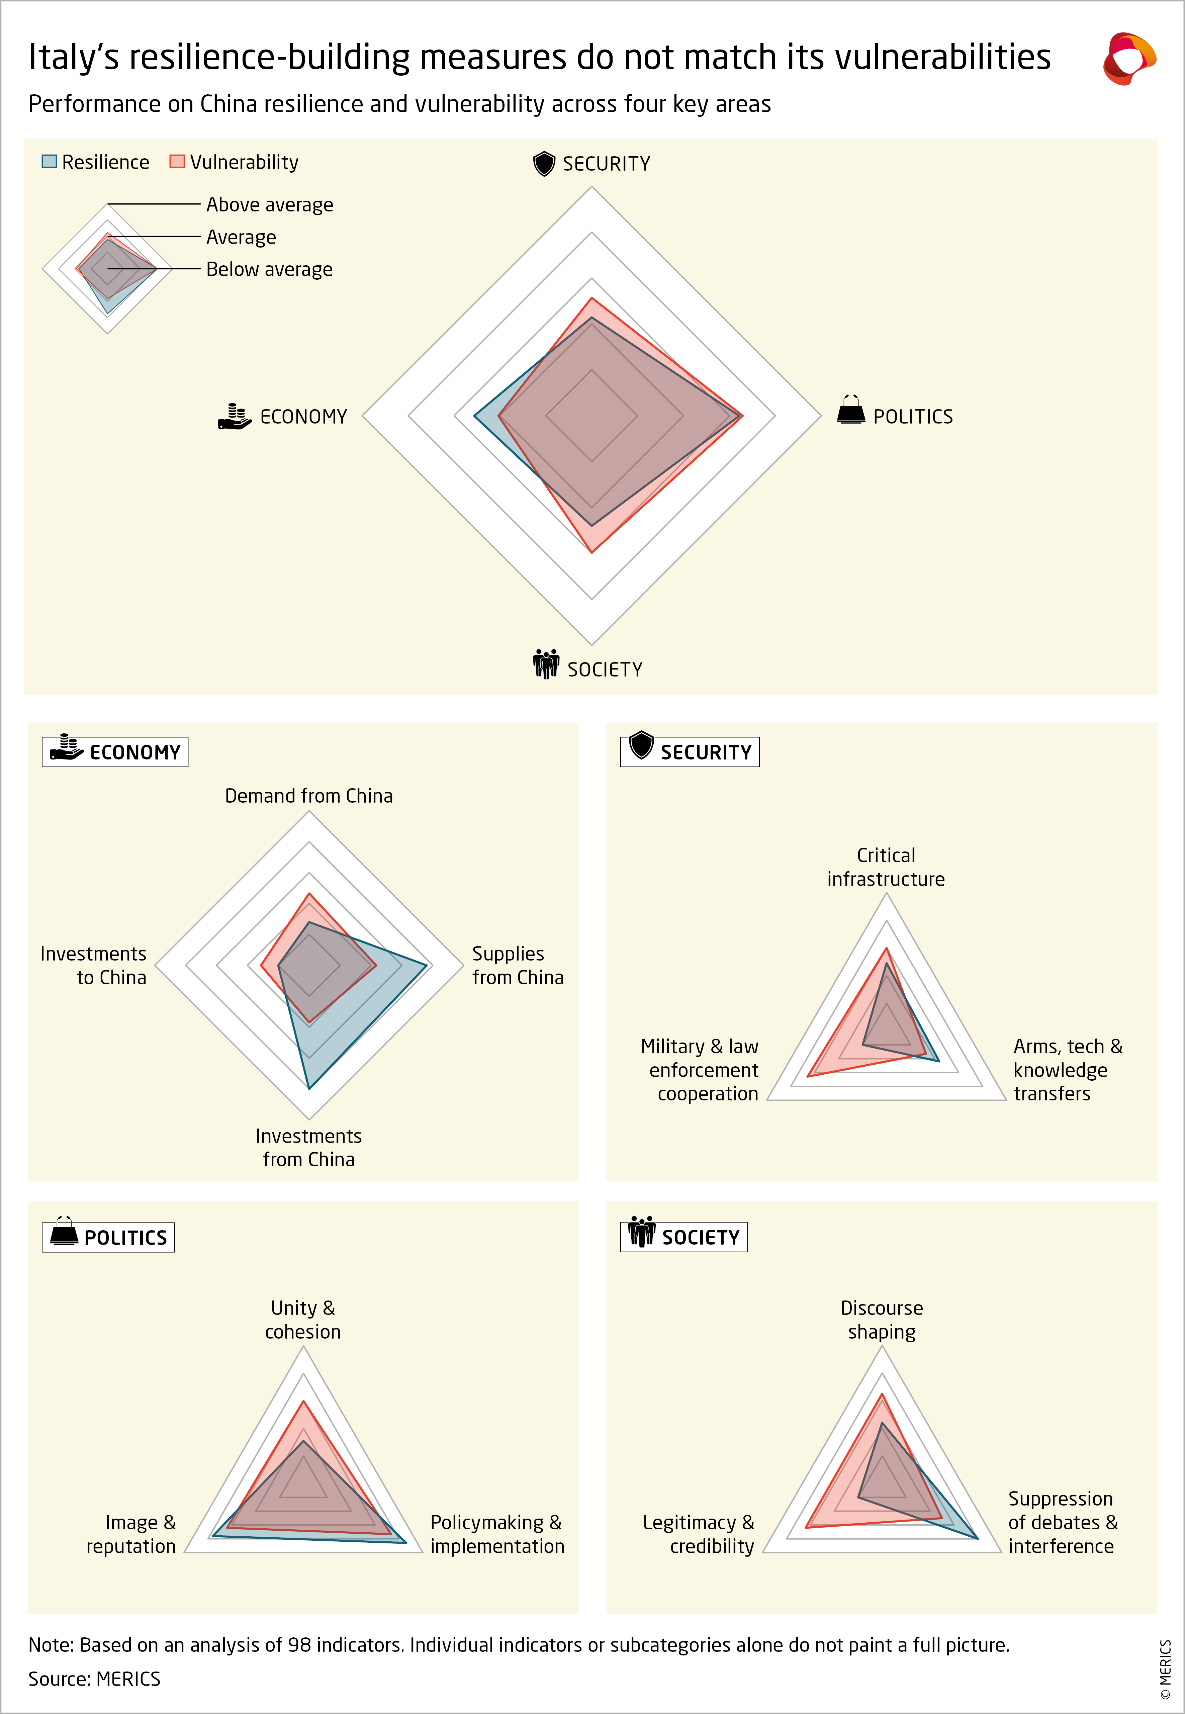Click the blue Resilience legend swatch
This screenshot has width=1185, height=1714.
pyautogui.click(x=49, y=161)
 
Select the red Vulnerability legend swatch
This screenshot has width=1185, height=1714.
pyautogui.click(x=177, y=161)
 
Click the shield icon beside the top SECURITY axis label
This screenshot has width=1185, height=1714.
pyautogui.click(x=544, y=163)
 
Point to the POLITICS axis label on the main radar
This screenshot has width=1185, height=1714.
pyautogui.click(x=913, y=417)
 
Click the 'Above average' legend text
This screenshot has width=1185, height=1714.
pyautogui.click(x=270, y=205)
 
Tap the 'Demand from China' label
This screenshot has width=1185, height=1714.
pyautogui.click(x=309, y=796)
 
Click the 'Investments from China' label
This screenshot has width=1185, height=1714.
pyautogui.click(x=309, y=1148)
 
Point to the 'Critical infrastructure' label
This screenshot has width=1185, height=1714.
pyautogui.click(x=886, y=867)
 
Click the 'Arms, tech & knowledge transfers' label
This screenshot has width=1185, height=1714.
pyautogui.click(x=1067, y=1070)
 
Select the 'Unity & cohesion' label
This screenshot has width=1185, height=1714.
pyautogui.click(x=303, y=1320)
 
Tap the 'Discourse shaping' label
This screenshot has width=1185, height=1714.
pyautogui.click(x=881, y=1320)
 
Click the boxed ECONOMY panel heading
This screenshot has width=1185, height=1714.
pyautogui.click(x=115, y=752)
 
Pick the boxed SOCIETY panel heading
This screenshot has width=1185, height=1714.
pyautogui.click(x=684, y=1237)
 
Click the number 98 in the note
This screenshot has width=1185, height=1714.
pyautogui.click(x=299, y=1645)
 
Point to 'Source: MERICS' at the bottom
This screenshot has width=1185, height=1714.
pyautogui.click(x=94, y=1679)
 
